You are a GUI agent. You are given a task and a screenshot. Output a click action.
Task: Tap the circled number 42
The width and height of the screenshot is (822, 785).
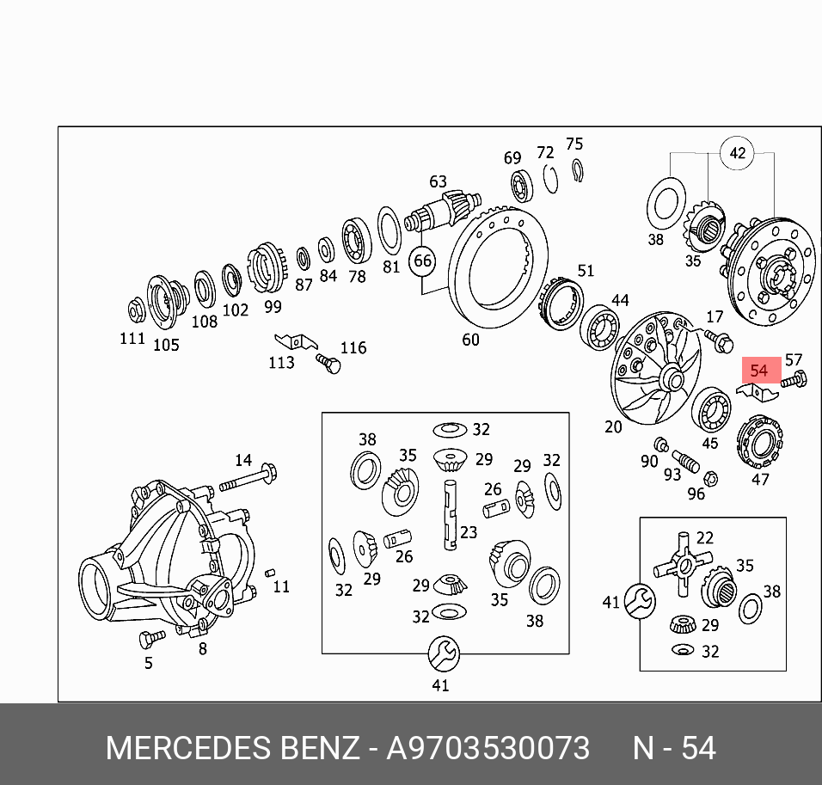click(x=737, y=152)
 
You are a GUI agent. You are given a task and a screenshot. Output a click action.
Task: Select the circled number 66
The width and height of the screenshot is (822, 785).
click(x=422, y=261)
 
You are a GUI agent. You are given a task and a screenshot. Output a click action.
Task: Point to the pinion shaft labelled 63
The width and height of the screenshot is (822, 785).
click(x=443, y=212)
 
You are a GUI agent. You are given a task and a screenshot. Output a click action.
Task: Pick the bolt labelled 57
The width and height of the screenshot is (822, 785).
click(x=794, y=379)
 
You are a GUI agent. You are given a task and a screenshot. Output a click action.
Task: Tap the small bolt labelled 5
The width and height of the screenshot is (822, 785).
click(x=152, y=638)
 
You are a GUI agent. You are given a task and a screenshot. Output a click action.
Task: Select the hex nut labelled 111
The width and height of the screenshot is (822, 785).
click(x=137, y=310)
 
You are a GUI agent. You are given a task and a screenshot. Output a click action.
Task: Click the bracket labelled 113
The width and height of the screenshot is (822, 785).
click(x=296, y=341)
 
